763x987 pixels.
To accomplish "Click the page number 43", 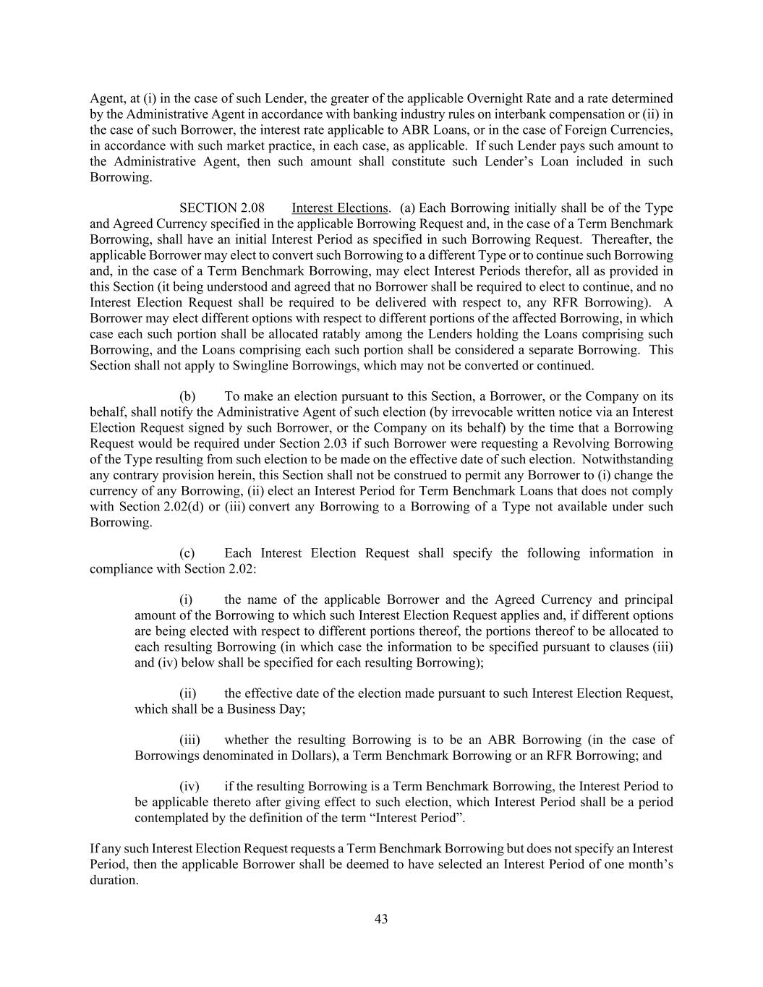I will pos(381,919).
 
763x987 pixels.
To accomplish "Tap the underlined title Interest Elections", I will pos(340,208).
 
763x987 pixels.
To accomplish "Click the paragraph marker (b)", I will pos(187,396).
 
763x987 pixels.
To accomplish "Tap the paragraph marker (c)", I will pos(187,553).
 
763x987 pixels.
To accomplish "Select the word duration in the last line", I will pos(113,880).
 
